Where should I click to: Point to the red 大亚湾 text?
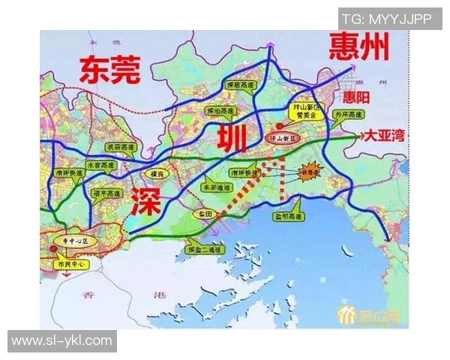click(x=384, y=136)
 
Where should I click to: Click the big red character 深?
click(x=144, y=202)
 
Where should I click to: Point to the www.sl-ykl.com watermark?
click(x=61, y=341)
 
